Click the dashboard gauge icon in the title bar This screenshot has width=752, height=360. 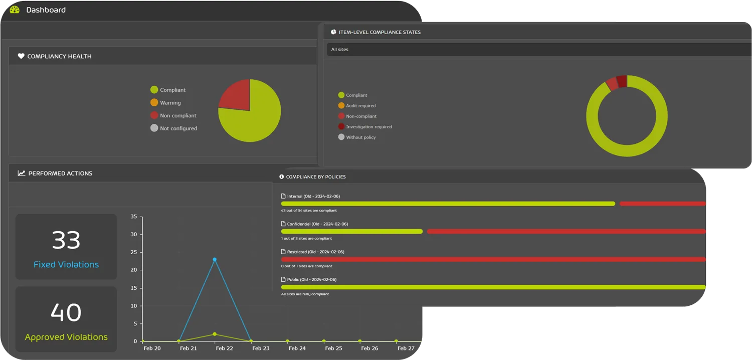point(15,10)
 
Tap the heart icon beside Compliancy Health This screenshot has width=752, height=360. point(21,56)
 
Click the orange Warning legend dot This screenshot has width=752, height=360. point(154,103)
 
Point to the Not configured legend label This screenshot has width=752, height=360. point(178,128)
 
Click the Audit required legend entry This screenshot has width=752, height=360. point(360,106)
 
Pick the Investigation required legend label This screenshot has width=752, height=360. point(369,127)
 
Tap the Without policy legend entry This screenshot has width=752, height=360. point(360,137)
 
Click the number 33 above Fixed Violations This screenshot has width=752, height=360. point(66,241)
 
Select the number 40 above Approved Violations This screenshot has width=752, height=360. point(66,313)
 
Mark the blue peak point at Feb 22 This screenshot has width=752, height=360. point(215,259)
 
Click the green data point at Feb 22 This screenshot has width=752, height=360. point(215,334)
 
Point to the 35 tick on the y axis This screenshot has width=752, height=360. point(133,217)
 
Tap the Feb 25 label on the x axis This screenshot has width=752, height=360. point(333,348)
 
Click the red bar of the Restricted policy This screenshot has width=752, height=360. point(493,259)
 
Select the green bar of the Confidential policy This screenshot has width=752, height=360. point(352,231)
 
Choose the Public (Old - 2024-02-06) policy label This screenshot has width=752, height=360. point(311,279)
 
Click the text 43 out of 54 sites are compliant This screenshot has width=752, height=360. point(309,211)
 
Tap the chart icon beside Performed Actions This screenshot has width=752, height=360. point(22,173)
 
